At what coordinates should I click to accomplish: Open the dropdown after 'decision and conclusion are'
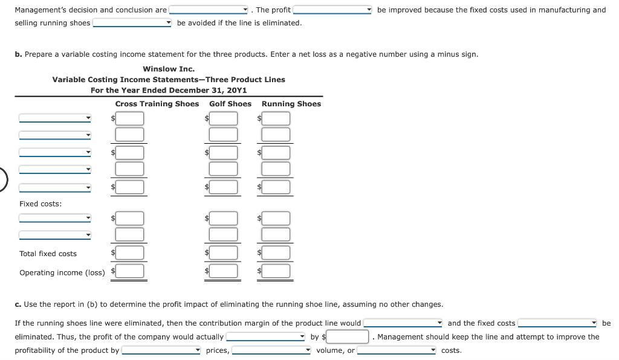[x=209, y=10]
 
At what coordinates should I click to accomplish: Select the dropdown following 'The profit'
[x=332, y=10]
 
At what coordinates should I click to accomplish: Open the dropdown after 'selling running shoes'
[x=132, y=23]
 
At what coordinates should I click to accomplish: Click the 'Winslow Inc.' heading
[x=169, y=69]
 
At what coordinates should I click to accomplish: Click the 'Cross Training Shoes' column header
[x=157, y=104]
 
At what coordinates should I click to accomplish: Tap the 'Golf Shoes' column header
[x=230, y=104]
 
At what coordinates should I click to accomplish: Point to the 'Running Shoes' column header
[x=291, y=104]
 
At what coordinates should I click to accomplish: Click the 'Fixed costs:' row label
[x=41, y=204]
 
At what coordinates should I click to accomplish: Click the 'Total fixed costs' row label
[x=48, y=254]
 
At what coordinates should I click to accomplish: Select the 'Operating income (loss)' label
[x=62, y=272]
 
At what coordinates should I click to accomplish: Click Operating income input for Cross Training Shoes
[x=130, y=271]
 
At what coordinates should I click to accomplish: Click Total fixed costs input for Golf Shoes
[x=224, y=253]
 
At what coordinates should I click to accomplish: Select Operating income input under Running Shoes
[x=276, y=271]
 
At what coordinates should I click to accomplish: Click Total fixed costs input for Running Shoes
[x=276, y=253]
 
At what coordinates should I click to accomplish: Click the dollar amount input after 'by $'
[x=348, y=337]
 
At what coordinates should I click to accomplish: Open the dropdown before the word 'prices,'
[x=161, y=350]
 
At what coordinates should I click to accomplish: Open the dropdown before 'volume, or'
[x=271, y=350]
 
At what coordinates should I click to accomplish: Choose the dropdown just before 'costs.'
[x=397, y=350]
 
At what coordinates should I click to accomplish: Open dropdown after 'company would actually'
[x=265, y=337]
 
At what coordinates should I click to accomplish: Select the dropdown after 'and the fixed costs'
[x=557, y=324]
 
